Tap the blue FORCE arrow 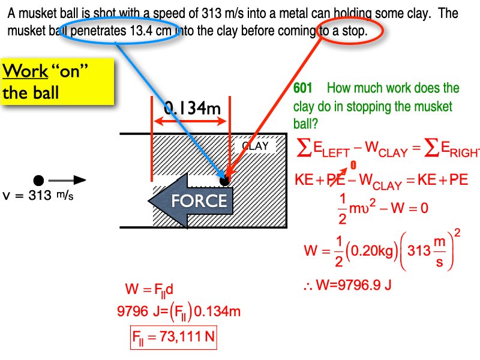pyautogui.click(x=191, y=200)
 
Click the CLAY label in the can pyautogui.click(x=254, y=146)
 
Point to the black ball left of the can pyautogui.click(x=39, y=179)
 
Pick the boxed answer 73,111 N pyautogui.click(x=173, y=337)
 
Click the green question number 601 pyautogui.click(x=303, y=89)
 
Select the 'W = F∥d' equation pyautogui.click(x=149, y=289)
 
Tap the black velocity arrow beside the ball pyautogui.click(x=67, y=179)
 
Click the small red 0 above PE pyautogui.click(x=353, y=164)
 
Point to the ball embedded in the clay pyautogui.click(x=225, y=179)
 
